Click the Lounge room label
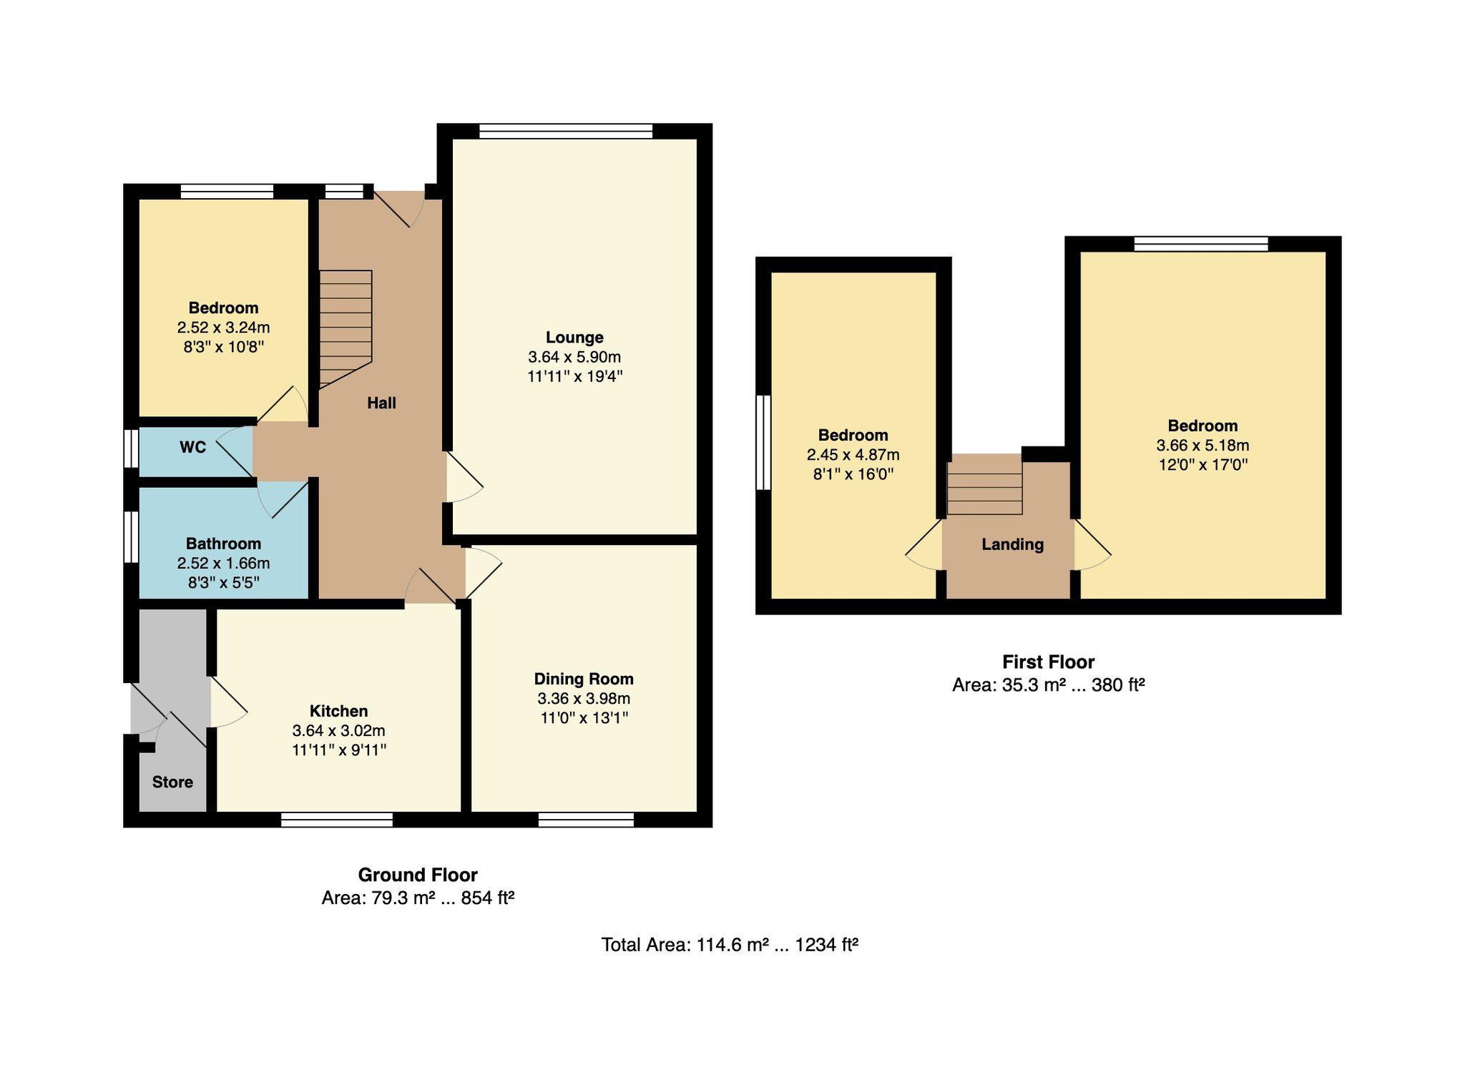click(574, 338)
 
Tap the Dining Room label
click(584, 679)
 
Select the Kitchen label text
click(339, 711)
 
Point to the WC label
click(193, 448)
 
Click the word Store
click(172, 782)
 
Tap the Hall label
click(381, 403)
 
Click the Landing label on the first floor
click(1012, 545)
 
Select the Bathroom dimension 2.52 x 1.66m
click(224, 564)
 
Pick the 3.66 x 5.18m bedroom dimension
click(1202, 446)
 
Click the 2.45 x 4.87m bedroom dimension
click(853, 455)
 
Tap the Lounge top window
click(566, 131)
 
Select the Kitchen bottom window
click(337, 820)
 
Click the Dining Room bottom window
click(586, 820)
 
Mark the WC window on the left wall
click(131, 448)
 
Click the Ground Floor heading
click(418, 875)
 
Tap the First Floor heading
click(1048, 662)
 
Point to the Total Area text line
click(730, 945)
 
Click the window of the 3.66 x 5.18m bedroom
click(1201, 244)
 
